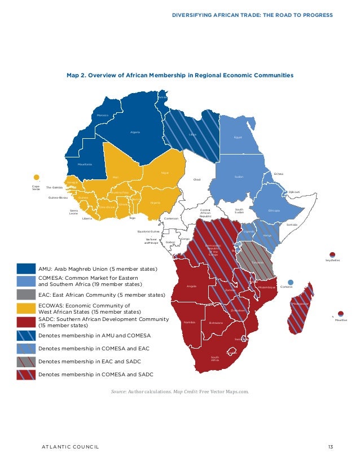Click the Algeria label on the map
click(x=135, y=132)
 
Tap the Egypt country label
click(x=238, y=138)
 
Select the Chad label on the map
click(x=197, y=179)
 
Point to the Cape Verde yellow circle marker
click(x=37, y=177)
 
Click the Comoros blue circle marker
click(x=291, y=282)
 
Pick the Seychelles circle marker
click(x=333, y=254)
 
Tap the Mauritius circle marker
click(x=341, y=314)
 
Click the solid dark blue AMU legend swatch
click(x=26, y=269)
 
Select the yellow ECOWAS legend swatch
click(x=26, y=308)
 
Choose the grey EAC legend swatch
click(x=26, y=294)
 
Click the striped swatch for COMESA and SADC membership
click(x=26, y=374)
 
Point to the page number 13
click(x=330, y=447)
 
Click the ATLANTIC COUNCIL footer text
click(x=71, y=447)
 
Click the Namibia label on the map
click(x=190, y=322)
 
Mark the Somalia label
click(x=291, y=224)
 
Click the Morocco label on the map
click(x=102, y=115)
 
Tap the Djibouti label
click(x=294, y=192)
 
